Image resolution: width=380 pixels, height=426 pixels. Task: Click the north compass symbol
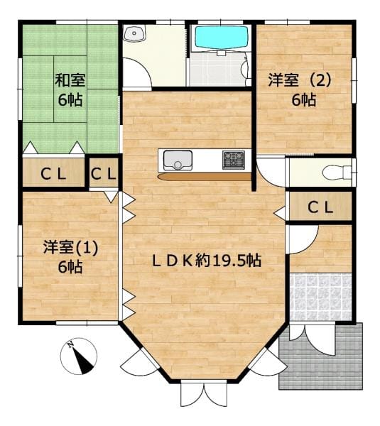(79, 356)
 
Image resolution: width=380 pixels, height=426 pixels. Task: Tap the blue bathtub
(222, 38)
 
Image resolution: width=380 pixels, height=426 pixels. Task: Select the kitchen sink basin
(178, 160)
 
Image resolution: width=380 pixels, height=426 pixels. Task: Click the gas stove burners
(234, 160)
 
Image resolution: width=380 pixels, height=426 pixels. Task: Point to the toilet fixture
(337, 173)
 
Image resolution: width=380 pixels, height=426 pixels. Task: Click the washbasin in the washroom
(134, 33)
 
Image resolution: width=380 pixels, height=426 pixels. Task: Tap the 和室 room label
(70, 80)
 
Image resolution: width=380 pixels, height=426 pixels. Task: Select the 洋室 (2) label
(300, 80)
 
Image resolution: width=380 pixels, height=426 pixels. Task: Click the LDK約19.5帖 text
(207, 261)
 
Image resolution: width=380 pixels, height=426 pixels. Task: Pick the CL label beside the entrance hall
(320, 208)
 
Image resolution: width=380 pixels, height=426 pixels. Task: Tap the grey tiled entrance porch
(321, 356)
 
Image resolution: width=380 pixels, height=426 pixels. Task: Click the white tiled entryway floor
(321, 297)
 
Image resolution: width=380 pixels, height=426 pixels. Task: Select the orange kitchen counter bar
(204, 177)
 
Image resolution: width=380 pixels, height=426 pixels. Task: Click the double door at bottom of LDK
(204, 395)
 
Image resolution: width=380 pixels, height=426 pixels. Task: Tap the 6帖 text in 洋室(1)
(70, 267)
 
